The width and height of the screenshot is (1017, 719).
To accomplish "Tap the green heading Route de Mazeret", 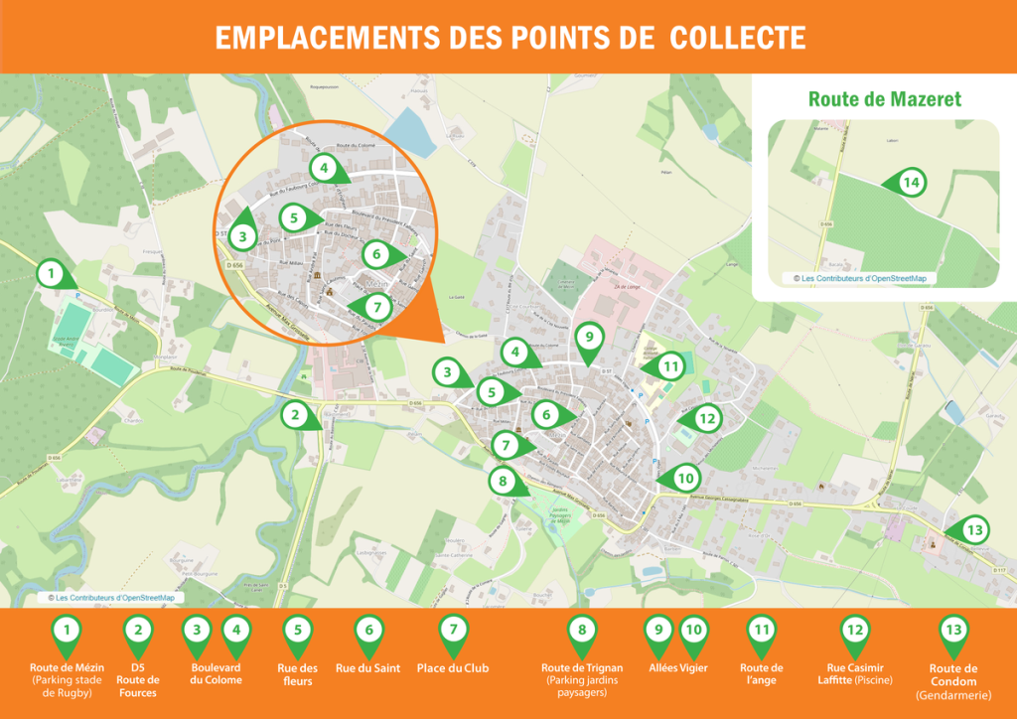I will point(884,99).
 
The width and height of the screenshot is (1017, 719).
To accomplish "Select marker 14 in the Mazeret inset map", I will point(911,182).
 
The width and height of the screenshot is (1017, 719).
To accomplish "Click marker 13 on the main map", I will point(974,530).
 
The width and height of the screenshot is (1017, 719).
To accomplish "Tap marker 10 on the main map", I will point(684,478).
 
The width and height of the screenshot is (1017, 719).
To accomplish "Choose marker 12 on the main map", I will point(706,419).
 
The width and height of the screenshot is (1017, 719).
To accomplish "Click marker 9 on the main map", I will point(589,338).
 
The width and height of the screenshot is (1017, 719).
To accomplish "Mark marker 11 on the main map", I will point(671,366).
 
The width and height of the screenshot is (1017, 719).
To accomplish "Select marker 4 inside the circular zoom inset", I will point(323,168).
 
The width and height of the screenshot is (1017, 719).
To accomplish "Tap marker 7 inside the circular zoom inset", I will point(384,307).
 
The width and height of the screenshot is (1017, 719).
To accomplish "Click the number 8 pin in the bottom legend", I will point(582,631).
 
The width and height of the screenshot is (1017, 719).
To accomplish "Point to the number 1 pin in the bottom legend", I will point(67,631).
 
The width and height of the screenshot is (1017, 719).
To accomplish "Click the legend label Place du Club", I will point(453,668).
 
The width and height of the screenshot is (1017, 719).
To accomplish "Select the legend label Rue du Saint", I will point(368,668).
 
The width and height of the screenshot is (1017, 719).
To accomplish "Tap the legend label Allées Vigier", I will point(678,668).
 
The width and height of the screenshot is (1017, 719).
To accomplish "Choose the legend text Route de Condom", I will point(953,675).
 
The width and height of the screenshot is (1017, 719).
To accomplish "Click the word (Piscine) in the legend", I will point(872,680).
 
